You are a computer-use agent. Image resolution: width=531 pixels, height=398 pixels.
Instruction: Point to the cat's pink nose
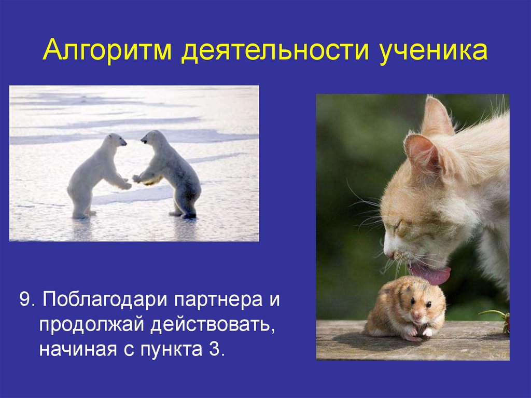pyautogui.click(x=387, y=253)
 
